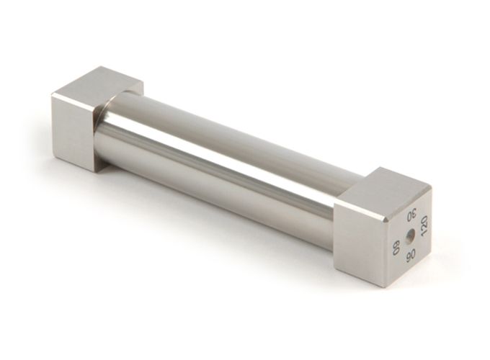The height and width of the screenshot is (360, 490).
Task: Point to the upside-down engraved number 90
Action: [410, 256]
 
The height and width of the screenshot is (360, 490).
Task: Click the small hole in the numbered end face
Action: [409, 236]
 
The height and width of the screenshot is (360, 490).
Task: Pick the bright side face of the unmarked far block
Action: [73, 133]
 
